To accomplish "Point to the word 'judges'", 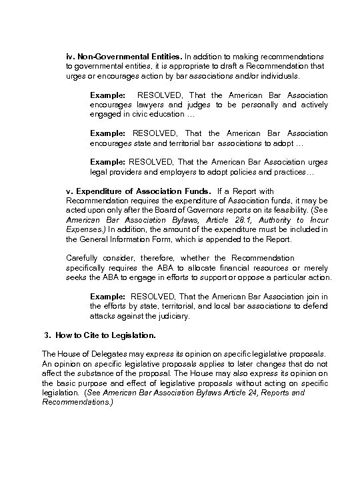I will tap(205, 105).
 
